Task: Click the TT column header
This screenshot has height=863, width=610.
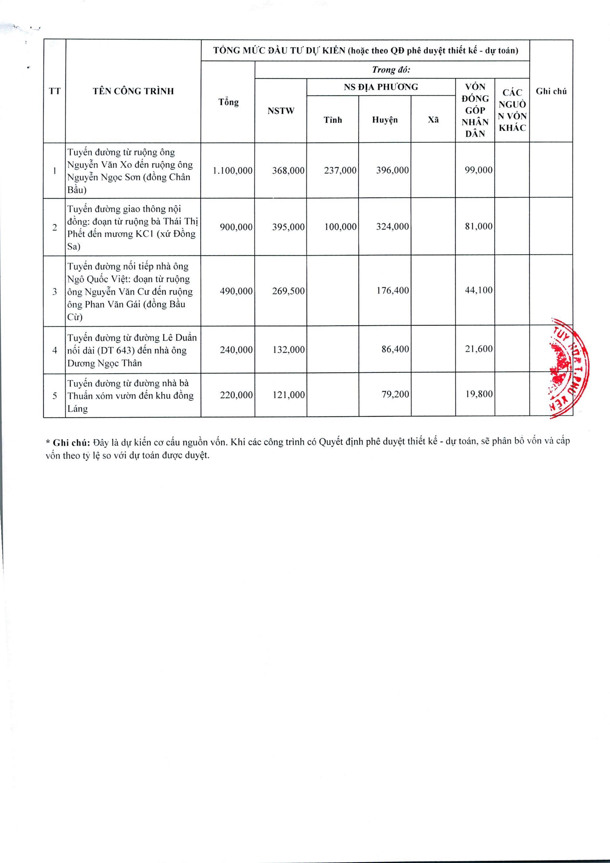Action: pyautogui.click(x=55, y=91)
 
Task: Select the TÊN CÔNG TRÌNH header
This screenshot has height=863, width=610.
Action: pyautogui.click(x=133, y=91)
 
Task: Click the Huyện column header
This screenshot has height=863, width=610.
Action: pyautogui.click(x=385, y=120)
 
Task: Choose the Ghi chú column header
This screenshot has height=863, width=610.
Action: pyautogui.click(x=551, y=91)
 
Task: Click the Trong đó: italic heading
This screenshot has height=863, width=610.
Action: pyautogui.click(x=391, y=70)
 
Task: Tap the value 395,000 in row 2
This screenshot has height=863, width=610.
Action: pyautogui.click(x=288, y=227)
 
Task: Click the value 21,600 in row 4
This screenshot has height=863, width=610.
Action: pyautogui.click(x=478, y=349)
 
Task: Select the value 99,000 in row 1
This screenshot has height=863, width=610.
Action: pyautogui.click(x=478, y=170)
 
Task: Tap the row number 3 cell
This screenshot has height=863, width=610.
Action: pyautogui.click(x=55, y=291)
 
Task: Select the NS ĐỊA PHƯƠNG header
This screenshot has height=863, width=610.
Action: pyautogui.click(x=381, y=87)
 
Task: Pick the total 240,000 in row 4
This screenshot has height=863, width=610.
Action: pyautogui.click(x=236, y=349)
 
